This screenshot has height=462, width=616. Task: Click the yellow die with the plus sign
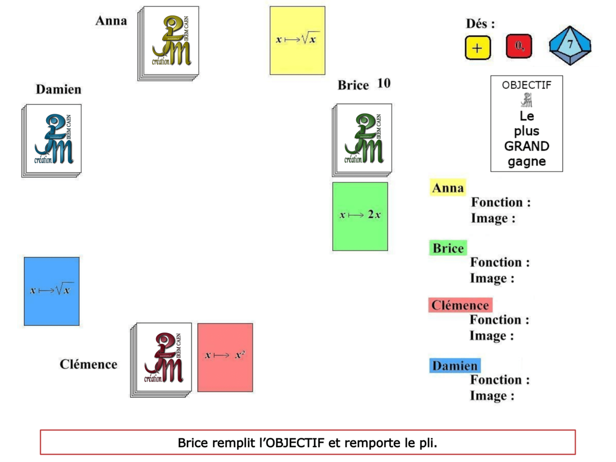[x=478, y=48]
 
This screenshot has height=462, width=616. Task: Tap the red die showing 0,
[x=519, y=47]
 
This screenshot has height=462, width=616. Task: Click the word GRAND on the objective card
[x=526, y=146]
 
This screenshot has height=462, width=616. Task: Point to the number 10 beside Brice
[x=383, y=83]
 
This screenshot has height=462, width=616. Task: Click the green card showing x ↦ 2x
[x=360, y=216]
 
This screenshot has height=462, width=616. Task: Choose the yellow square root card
[x=298, y=41]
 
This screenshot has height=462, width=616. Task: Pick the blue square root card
[x=52, y=291]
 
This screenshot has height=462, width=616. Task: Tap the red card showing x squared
[x=225, y=357]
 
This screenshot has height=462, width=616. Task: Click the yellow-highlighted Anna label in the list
[x=448, y=188]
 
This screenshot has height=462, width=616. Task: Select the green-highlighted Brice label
[x=448, y=248]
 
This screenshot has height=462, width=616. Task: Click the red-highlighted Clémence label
[x=460, y=305]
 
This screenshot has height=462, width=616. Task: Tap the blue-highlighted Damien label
[x=454, y=366]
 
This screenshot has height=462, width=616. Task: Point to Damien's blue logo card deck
[x=52, y=140]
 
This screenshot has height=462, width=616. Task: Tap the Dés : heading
[x=480, y=24]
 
